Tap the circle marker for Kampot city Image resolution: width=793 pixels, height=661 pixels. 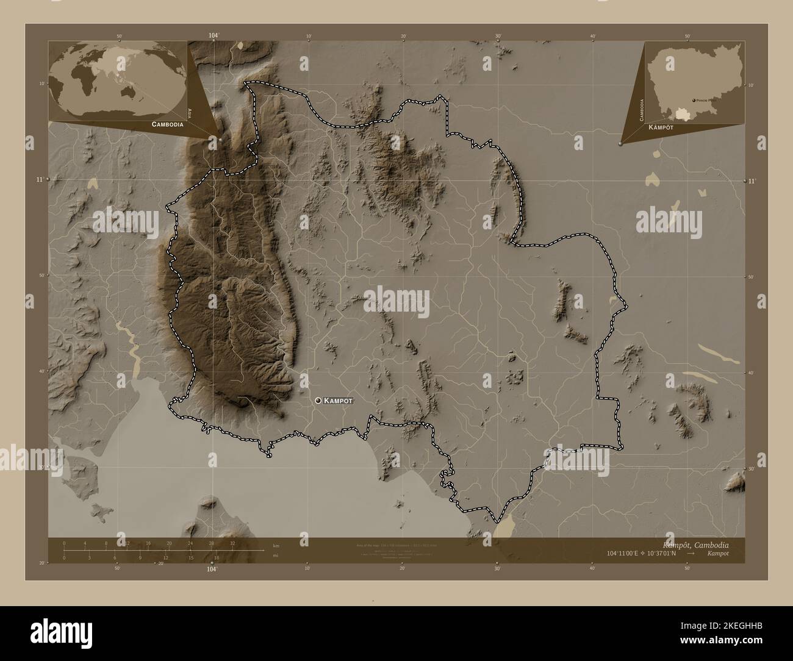coord(318,400)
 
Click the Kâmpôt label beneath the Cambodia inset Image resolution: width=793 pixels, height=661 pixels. coord(661,127)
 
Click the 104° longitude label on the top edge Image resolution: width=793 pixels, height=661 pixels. coord(213,36)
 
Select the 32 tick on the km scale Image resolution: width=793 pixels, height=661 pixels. coord(232,543)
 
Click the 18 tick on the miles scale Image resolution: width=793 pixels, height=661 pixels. coord(216,557)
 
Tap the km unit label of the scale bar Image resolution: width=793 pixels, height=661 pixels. coord(276,545)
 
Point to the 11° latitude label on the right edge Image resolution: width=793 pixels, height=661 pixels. coord(752,181)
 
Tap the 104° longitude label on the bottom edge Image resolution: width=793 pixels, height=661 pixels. coord(212,569)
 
